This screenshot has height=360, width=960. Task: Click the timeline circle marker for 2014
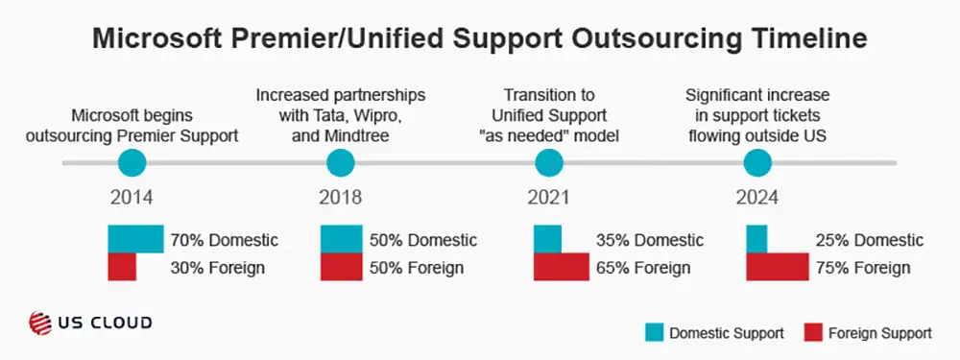[x=132, y=164]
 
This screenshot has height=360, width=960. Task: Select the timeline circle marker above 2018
[x=340, y=164]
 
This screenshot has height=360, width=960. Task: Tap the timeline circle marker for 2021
[x=548, y=164]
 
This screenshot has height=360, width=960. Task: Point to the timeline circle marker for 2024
[x=757, y=164]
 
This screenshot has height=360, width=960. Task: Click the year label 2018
[x=340, y=199]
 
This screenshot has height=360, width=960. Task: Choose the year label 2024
[x=757, y=199]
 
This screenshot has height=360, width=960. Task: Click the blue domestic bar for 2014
[x=135, y=239]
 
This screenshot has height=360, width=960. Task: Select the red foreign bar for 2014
[x=122, y=268]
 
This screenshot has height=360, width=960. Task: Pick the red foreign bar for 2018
[x=341, y=268]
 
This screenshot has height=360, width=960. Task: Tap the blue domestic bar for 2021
[x=547, y=239]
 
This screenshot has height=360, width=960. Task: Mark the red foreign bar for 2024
[x=778, y=268]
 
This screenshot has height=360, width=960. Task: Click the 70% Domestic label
[x=224, y=240]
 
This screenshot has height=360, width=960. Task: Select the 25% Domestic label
[x=869, y=240]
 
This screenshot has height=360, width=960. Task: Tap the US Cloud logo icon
[x=41, y=324]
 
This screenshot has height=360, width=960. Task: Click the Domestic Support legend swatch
[x=655, y=333]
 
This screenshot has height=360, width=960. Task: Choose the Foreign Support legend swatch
[x=811, y=333]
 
